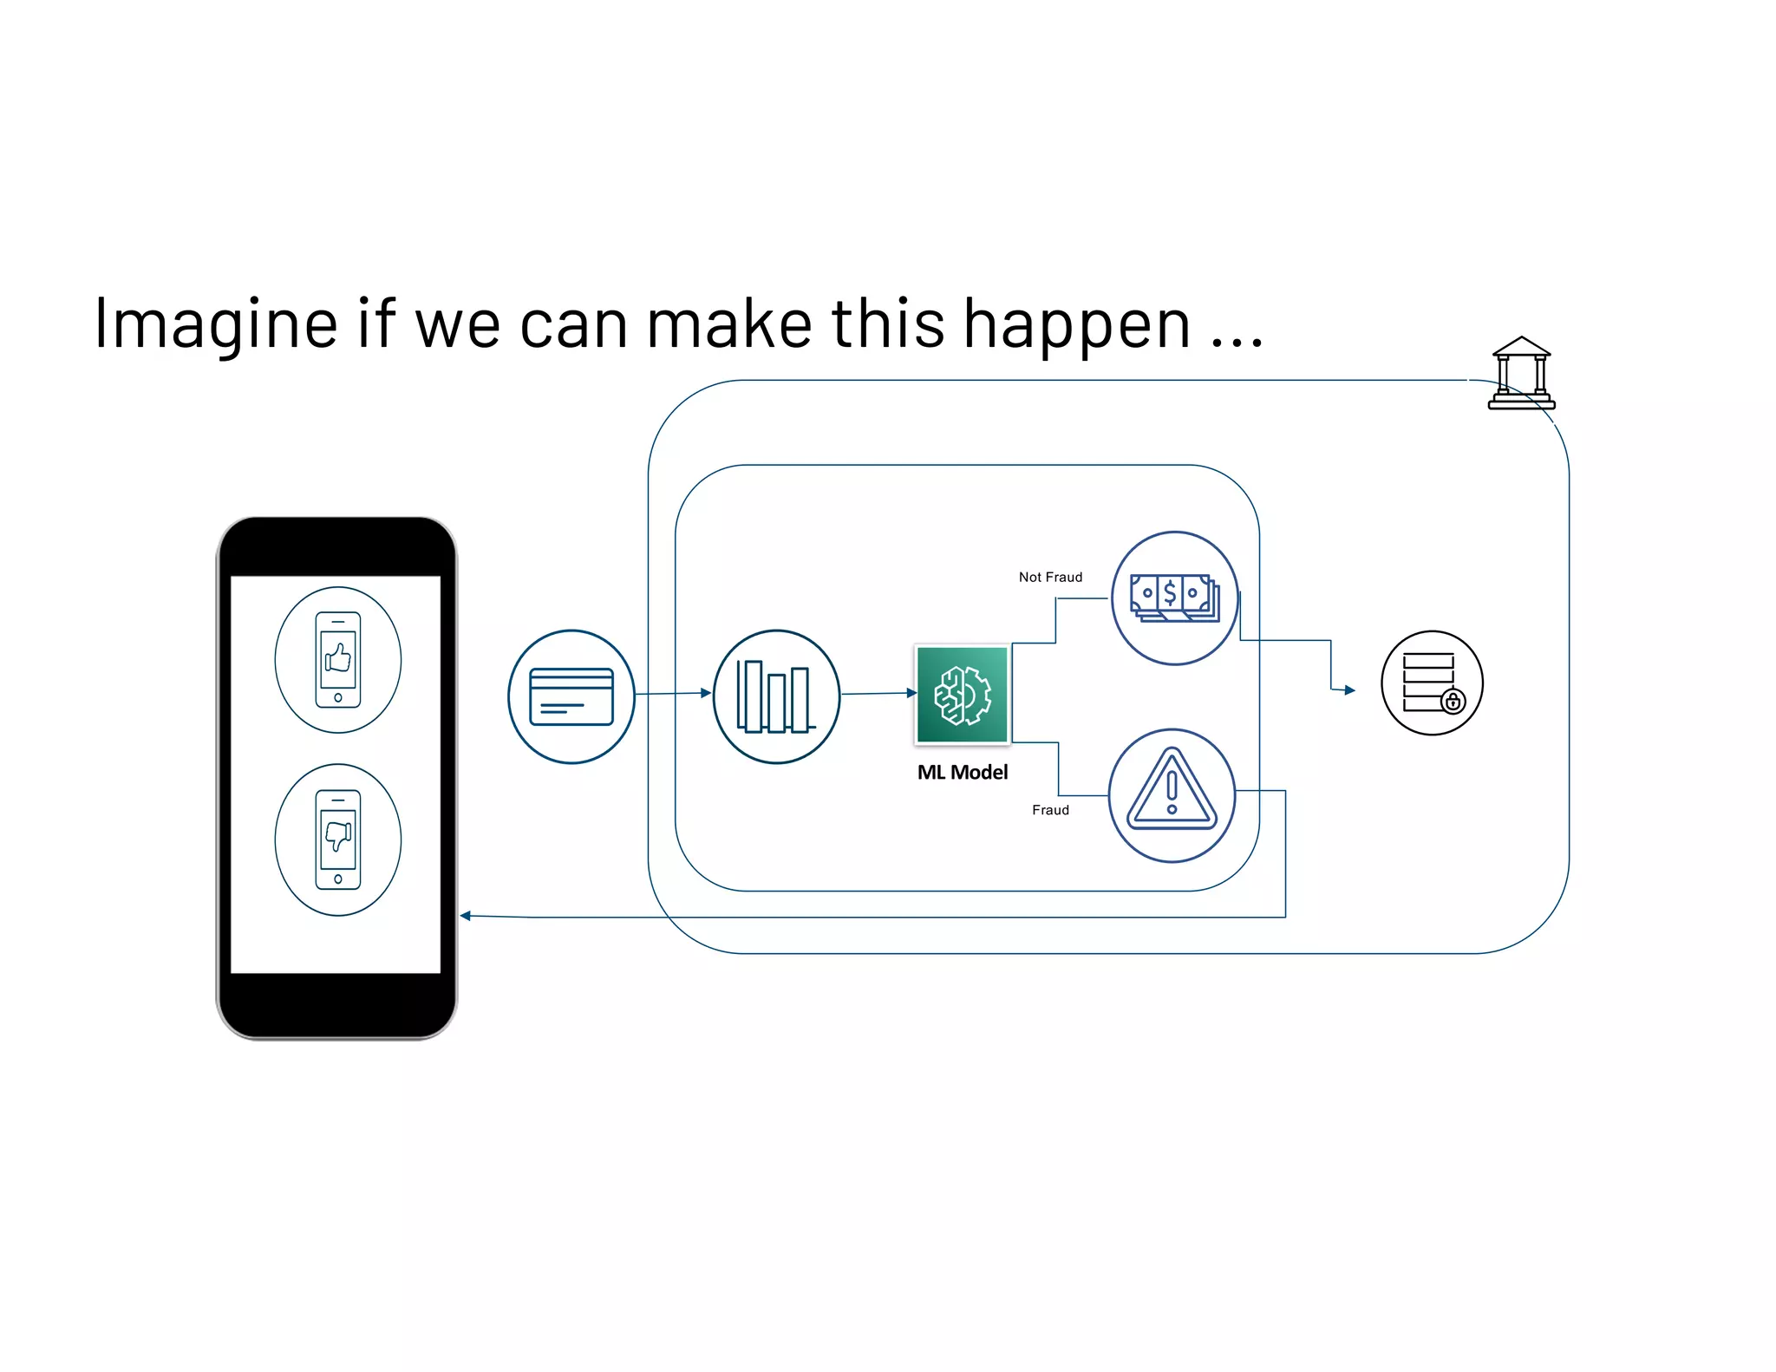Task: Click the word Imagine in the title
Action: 215,324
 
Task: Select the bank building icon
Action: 1521,373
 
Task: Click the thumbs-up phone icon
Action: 338,660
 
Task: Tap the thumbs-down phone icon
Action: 338,840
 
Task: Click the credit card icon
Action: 571,696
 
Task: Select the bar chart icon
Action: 776,696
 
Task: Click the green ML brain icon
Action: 963,695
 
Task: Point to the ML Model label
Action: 963,772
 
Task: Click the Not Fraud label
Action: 1050,577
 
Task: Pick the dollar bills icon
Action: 1175,598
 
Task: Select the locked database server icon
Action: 1432,683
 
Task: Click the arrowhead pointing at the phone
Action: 466,916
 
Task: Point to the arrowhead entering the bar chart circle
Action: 706,693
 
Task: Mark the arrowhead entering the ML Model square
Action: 911,693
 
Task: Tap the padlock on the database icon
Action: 1453,701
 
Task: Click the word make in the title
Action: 729,324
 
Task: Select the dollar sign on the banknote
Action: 1170,592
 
